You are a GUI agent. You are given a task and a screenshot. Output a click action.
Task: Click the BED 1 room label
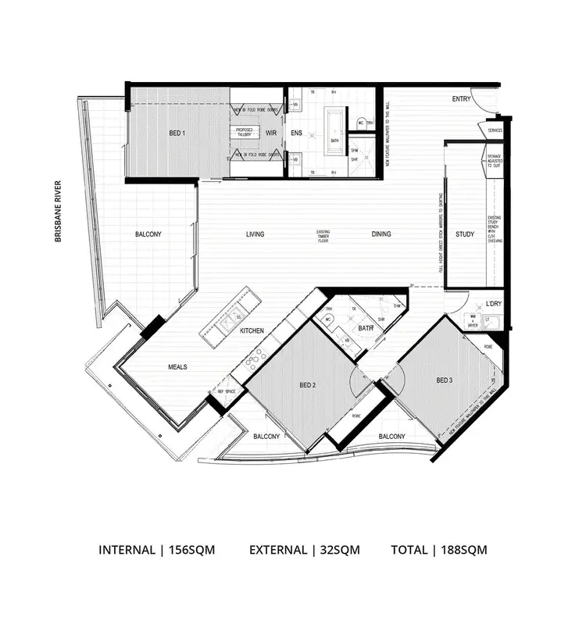(x=177, y=134)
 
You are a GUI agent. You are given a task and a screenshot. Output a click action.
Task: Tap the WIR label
(x=271, y=134)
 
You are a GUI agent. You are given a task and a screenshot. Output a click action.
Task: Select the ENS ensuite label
(x=296, y=134)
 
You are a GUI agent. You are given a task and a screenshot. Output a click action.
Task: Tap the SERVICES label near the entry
(x=495, y=130)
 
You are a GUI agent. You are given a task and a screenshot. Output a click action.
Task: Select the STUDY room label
(x=464, y=234)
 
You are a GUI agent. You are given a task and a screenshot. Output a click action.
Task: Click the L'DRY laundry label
(x=493, y=303)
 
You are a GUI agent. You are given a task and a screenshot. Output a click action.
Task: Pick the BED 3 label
(x=445, y=380)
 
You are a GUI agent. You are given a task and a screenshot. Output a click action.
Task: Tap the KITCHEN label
(x=252, y=331)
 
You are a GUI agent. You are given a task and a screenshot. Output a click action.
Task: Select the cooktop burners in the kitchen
(x=255, y=359)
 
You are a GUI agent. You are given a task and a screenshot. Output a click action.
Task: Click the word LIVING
(x=255, y=234)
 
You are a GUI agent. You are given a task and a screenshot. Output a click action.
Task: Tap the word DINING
(x=381, y=234)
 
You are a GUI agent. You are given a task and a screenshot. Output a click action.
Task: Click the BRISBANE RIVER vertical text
(x=58, y=212)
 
